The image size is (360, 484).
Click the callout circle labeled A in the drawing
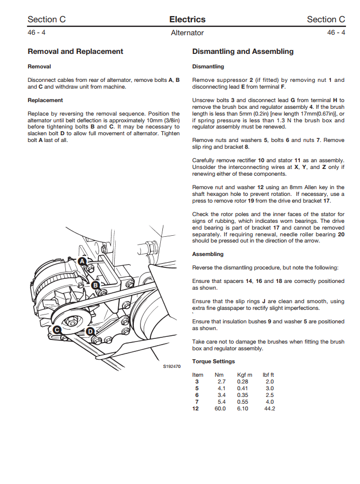pyautogui.click(x=82, y=262)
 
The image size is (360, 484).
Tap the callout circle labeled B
pyautogui.click(x=95, y=285)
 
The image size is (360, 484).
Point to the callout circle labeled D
pyautogui.click(x=90, y=332)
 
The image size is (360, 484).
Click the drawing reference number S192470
pyautogui.click(x=172, y=367)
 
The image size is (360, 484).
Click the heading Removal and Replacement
pyautogui.click(x=75, y=51)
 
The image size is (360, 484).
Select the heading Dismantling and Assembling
pyautogui.click(x=243, y=51)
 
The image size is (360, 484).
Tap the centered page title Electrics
pyautogui.click(x=187, y=20)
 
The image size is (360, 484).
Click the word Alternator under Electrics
pyautogui.click(x=187, y=33)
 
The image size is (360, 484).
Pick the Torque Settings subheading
pyautogui.click(x=213, y=361)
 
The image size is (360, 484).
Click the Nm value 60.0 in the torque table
pyautogui.click(x=220, y=408)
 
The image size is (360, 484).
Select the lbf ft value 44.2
pyautogui.click(x=269, y=408)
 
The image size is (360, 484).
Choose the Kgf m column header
pyautogui.click(x=245, y=375)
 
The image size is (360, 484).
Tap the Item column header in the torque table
pyautogui.click(x=198, y=375)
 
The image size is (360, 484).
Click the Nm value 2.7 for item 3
pyautogui.click(x=221, y=381)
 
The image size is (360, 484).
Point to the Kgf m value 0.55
pyautogui.click(x=242, y=402)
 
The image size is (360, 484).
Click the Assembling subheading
pyautogui.click(x=208, y=254)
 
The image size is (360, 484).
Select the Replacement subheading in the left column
pyautogui.click(x=45, y=100)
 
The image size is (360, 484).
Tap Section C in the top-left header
pyautogui.click(x=47, y=20)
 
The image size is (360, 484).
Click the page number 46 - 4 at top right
pyautogui.click(x=336, y=33)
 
